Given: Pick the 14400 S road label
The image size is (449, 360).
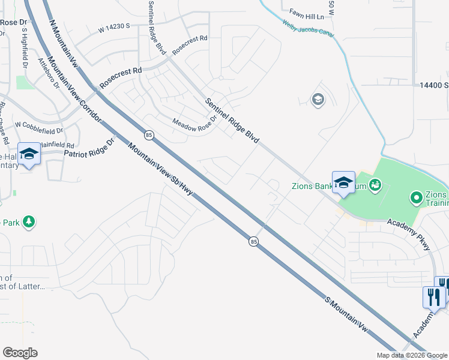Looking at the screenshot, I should coord(429,86).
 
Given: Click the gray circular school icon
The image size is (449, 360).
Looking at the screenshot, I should coord(318,100).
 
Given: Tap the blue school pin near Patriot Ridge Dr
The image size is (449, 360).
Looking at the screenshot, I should coord(29,155).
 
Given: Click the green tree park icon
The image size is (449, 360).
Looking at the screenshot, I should coord(28,223).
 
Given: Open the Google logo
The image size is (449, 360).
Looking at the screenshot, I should coord(20,352).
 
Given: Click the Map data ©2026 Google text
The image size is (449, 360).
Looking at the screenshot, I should coord(411,355).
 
